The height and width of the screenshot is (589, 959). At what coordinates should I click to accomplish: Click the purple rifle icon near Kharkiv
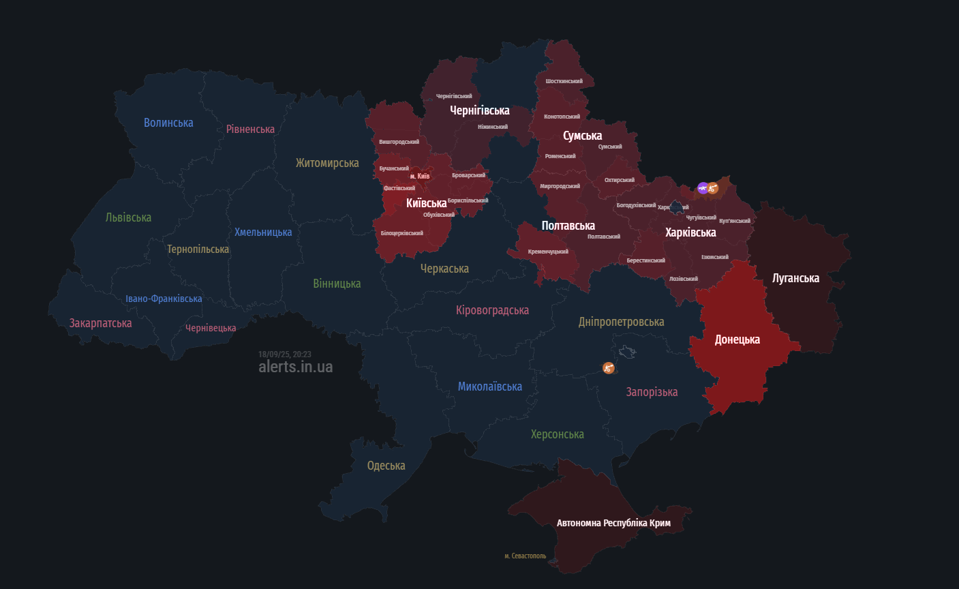[703, 188]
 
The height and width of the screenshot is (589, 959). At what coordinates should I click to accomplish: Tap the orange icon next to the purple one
[713, 188]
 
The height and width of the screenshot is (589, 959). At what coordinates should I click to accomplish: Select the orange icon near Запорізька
[609, 368]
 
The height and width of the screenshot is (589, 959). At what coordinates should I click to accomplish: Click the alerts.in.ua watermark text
[296, 367]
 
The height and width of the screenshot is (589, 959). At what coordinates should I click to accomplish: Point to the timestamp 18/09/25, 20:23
[285, 354]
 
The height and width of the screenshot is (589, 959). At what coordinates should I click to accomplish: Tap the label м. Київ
[420, 177]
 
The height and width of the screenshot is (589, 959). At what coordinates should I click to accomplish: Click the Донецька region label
[737, 339]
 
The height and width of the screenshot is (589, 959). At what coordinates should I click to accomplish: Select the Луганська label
[795, 278]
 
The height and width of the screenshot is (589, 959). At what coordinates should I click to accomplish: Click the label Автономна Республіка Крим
[613, 523]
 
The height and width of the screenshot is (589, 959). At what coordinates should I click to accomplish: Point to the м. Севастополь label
[525, 556]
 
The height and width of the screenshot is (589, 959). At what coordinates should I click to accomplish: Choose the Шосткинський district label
[564, 81]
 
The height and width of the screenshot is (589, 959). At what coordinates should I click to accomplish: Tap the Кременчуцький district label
[548, 252]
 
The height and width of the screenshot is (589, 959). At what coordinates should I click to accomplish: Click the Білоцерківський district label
[401, 233]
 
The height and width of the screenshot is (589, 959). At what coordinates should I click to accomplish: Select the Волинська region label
[168, 123]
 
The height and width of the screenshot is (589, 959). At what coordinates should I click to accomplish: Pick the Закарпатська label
[100, 323]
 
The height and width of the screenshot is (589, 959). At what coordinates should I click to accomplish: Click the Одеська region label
[386, 466]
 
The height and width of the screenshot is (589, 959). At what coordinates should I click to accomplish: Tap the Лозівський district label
[683, 279]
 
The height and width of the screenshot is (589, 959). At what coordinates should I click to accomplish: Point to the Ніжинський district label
[492, 127]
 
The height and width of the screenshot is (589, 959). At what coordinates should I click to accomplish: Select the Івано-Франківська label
[164, 299]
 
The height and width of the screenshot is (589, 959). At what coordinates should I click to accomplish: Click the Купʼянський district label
[734, 221]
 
